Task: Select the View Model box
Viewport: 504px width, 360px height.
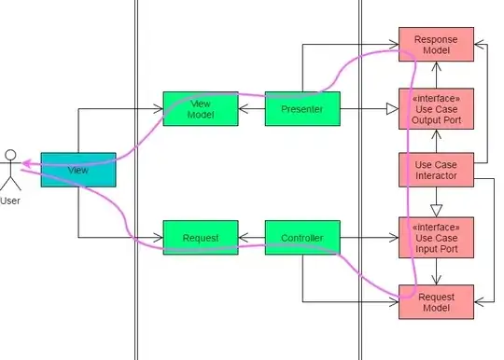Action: point(200,108)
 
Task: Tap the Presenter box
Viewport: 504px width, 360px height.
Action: point(301,108)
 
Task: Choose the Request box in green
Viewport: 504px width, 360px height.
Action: point(200,238)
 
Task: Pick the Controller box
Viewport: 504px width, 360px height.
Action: point(301,238)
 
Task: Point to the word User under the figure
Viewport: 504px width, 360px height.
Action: point(9,200)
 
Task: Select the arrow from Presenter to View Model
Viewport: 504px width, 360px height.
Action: point(251,108)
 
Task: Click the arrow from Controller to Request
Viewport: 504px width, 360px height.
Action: point(251,238)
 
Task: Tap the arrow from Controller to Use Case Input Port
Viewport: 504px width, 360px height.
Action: point(368,238)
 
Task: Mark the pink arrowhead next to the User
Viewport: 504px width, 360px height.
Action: point(27,163)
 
